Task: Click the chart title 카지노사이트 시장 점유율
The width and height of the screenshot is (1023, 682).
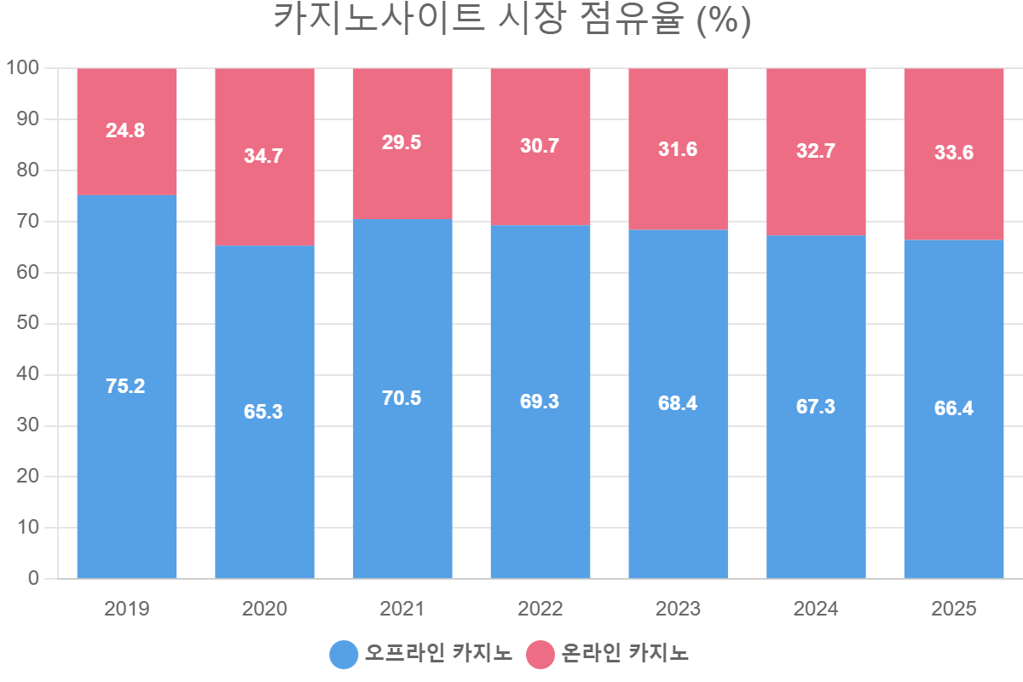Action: coord(478,20)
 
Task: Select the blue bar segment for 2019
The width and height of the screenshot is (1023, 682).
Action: coord(127,387)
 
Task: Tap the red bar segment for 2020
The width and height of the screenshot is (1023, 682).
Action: coord(265,157)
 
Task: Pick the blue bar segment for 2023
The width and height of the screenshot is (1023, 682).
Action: coord(679,404)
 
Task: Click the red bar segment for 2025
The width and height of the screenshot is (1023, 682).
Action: coord(954,154)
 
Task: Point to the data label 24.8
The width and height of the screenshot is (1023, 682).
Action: coord(125,130)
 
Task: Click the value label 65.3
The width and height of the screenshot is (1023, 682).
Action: coord(263,412)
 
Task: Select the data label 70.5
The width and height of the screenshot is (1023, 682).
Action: coord(402,398)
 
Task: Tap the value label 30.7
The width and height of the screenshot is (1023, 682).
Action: coord(540,146)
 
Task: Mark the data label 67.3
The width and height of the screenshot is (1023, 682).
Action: coord(816,407)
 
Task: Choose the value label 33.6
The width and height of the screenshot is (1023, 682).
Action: coord(954,153)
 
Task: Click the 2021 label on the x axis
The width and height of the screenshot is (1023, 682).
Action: coord(402,609)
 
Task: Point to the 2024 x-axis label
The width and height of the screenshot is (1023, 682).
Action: coord(816,609)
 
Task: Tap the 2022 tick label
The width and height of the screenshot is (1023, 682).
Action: coord(540,609)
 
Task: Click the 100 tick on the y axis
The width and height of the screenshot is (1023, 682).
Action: coord(22,67)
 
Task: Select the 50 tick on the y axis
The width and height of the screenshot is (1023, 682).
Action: coord(28,323)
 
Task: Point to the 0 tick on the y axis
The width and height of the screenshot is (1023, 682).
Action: coord(34,578)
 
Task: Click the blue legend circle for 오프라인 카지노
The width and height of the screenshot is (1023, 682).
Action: coord(344,655)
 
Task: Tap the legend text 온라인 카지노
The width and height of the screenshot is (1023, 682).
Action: coord(625,653)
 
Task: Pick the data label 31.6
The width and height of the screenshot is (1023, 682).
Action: coord(678,149)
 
